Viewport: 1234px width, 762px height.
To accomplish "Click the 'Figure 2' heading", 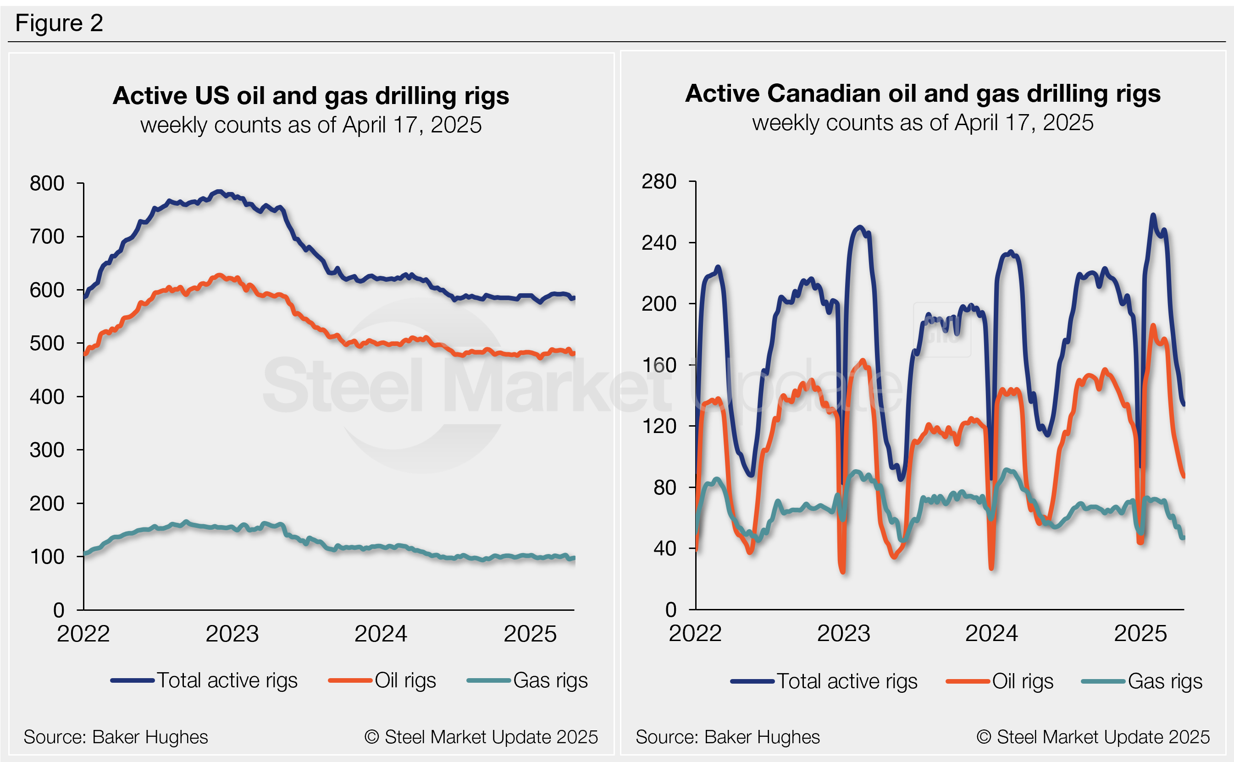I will click(59, 23).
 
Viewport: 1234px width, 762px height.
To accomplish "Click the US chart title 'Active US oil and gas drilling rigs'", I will click(310, 95).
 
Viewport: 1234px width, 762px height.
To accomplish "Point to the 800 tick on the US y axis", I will click(47, 183).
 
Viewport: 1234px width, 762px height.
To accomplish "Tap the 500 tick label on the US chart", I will click(47, 344).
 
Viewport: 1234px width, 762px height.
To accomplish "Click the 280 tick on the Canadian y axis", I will click(659, 181).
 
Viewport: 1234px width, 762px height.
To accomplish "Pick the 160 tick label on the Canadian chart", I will click(659, 365).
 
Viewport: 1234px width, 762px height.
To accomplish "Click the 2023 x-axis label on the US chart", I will click(232, 634).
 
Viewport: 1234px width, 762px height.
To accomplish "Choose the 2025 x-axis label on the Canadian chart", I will click(1140, 634).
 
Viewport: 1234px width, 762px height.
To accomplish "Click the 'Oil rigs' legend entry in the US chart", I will click(405, 680).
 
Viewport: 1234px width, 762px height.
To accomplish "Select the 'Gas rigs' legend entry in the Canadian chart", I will click(1165, 681).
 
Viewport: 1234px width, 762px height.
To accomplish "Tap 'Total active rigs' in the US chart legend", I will click(227, 680).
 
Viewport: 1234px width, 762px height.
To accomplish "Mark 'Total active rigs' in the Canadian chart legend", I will click(847, 681).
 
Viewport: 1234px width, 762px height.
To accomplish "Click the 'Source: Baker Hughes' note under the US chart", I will click(116, 737).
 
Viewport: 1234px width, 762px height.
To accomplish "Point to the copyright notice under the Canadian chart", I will click(1093, 737).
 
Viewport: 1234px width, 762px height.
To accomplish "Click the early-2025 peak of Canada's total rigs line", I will click(1153, 215).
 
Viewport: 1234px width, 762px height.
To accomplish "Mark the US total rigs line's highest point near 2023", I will click(218, 192).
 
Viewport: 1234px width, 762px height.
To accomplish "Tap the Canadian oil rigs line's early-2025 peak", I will click(1153, 326).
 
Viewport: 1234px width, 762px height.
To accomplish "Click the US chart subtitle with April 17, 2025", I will click(310, 125).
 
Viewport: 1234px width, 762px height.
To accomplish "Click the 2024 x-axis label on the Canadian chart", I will click(991, 634).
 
